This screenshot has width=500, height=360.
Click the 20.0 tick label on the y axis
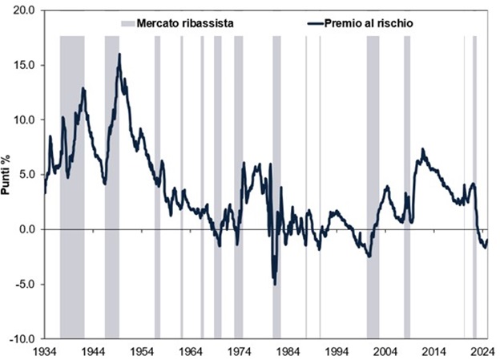24,10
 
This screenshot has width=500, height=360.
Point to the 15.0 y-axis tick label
24,65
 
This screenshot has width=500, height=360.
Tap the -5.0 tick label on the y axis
24,284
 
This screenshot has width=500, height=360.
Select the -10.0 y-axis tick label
22,339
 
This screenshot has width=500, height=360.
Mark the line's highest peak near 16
119,55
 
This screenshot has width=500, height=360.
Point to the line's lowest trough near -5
275,284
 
